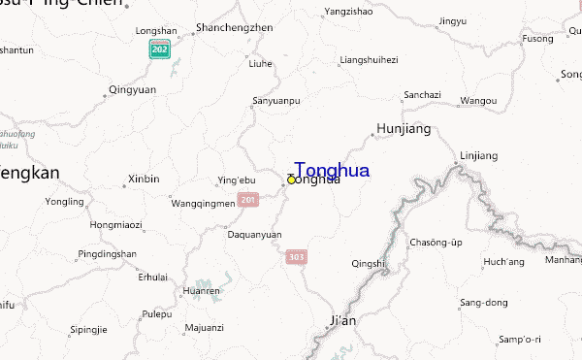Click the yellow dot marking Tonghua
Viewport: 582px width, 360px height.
(x=291, y=180)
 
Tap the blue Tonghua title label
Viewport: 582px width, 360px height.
(x=331, y=170)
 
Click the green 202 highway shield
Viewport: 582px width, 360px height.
(x=158, y=49)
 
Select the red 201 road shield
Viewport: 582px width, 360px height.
(x=248, y=200)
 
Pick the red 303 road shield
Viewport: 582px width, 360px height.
(x=296, y=257)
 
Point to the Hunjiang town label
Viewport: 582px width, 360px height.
(x=403, y=128)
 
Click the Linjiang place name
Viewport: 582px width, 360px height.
(x=478, y=155)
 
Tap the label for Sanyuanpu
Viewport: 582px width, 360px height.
(x=276, y=100)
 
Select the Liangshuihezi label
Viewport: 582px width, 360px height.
(x=369, y=60)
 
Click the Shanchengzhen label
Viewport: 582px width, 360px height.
(x=234, y=27)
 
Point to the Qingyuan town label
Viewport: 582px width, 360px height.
(x=132, y=89)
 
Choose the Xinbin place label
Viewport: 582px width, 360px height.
(x=144, y=179)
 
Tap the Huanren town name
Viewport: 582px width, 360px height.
(x=201, y=290)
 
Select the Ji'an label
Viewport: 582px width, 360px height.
(x=343, y=320)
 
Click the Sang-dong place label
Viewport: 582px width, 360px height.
(x=483, y=303)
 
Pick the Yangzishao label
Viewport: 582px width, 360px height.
(x=348, y=13)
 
